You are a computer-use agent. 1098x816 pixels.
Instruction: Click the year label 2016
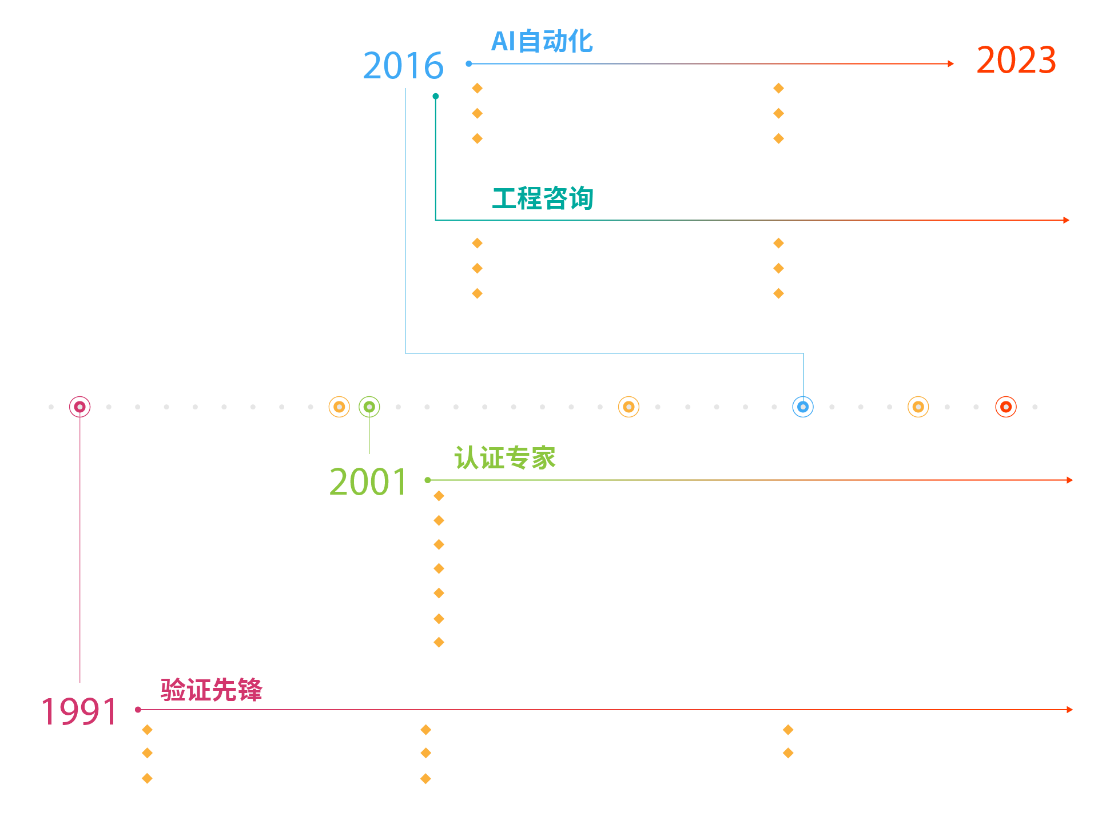point(403,66)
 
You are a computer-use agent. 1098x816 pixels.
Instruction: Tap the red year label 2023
point(1016,60)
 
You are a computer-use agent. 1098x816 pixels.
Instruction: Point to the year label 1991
point(79,712)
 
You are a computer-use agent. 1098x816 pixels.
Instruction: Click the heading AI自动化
point(542,41)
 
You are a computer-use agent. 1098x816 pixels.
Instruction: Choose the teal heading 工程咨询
point(543,198)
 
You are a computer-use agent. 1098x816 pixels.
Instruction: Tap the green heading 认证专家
point(505,458)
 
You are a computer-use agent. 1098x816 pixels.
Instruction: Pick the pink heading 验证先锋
point(211,690)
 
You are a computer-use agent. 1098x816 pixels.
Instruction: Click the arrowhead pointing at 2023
point(950,63)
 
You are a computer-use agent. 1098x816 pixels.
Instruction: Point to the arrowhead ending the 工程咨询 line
point(1066,220)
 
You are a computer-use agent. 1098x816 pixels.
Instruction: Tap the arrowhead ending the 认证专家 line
point(1069,480)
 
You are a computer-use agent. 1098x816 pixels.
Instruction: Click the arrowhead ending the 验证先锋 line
point(1069,710)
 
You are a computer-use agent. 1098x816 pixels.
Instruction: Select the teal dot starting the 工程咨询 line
point(436,96)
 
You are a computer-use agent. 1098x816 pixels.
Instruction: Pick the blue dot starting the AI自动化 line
point(469,63)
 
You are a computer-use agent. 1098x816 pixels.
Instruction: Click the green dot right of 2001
point(428,480)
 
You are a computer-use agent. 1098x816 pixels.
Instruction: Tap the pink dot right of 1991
point(138,710)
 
